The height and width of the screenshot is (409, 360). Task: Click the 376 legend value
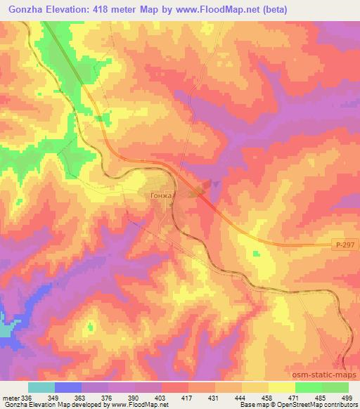108,398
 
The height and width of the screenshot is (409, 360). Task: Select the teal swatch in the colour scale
41,387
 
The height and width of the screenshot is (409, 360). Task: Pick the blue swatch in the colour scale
68,387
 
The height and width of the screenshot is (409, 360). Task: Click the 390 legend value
134,398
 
